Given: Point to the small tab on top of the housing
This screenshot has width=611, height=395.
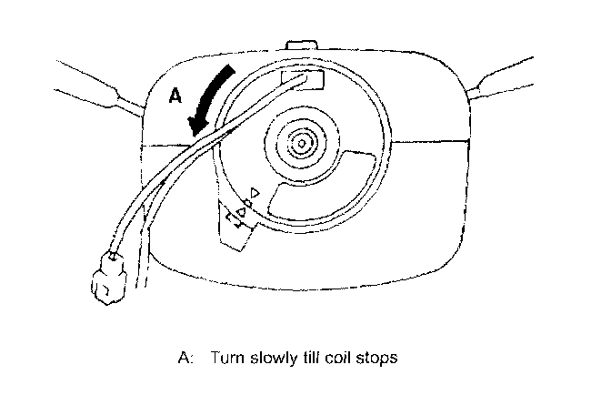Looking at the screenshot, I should (x=299, y=46).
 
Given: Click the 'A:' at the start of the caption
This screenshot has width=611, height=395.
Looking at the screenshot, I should (x=186, y=358).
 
